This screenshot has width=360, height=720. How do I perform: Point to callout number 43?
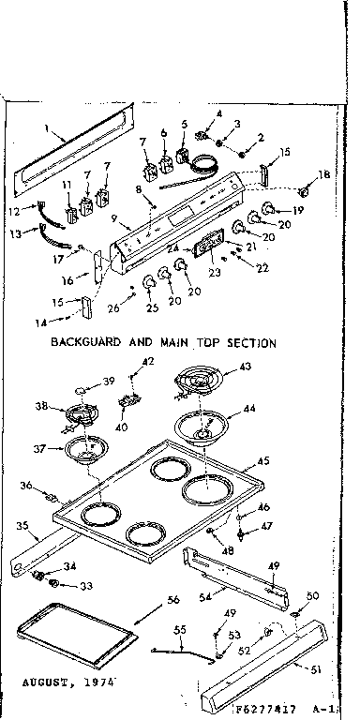pos(245,367)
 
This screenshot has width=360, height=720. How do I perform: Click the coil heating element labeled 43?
pos(199,383)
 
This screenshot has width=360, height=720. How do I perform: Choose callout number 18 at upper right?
pos(323,174)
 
